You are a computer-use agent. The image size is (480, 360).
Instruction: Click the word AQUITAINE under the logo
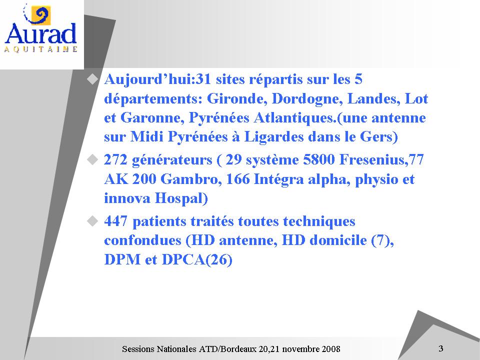pyautogui.click(x=40, y=49)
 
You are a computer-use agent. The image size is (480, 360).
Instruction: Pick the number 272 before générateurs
pyautogui.click(x=115, y=160)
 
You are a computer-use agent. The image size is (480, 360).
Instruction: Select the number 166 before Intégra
pyautogui.click(x=237, y=179)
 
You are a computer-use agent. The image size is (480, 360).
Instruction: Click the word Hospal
pyautogui.click(x=181, y=198)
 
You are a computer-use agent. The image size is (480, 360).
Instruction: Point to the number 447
pyautogui.click(x=115, y=221)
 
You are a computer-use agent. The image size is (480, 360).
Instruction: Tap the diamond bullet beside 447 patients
pyautogui.click(x=92, y=221)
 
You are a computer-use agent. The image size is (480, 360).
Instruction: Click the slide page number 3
pyautogui.click(x=441, y=348)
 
